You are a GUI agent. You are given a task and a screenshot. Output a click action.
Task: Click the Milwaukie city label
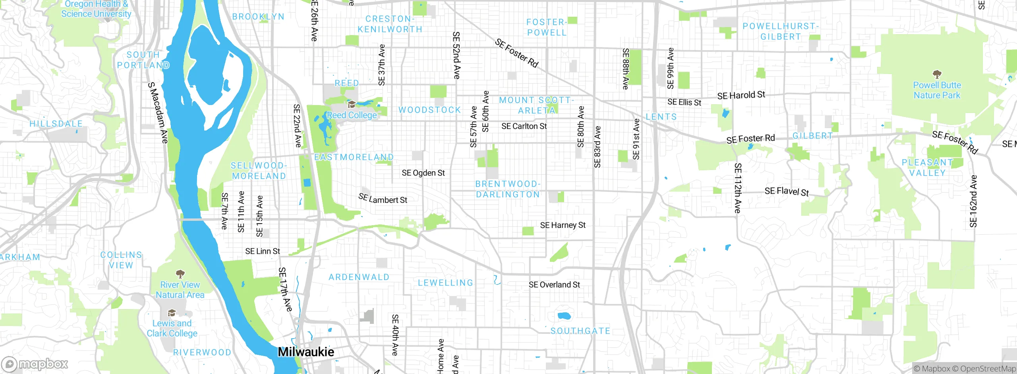tap(306, 352)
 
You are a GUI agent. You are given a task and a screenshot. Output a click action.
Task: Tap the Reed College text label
tap(352, 115)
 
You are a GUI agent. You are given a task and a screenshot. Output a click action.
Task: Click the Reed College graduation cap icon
tap(351, 105)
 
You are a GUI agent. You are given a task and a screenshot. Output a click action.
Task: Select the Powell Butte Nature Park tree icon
tap(937, 74)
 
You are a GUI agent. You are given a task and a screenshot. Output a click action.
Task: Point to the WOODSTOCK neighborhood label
tap(429, 110)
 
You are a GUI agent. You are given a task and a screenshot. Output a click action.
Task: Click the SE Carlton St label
tap(524, 127)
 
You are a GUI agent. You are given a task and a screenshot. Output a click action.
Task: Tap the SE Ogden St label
tap(423, 173)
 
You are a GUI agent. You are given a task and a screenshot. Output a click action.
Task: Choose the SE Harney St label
tap(563, 225)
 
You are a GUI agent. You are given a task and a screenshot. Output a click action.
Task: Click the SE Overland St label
tap(554, 285)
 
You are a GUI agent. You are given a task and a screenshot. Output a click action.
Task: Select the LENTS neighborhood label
tap(661, 117)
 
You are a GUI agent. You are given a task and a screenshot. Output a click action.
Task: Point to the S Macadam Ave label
tap(158, 113)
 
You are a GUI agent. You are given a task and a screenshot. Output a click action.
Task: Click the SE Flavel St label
tap(787, 191)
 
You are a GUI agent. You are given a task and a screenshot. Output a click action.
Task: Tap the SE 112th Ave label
tap(738, 188)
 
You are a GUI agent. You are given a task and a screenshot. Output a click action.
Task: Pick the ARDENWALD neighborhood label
tap(359, 277)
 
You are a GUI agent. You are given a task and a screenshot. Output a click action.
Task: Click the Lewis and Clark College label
tap(172, 329)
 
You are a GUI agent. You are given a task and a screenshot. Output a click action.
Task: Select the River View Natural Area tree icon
tap(180, 274)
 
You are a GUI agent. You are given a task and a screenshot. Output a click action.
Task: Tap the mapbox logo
tap(35, 364)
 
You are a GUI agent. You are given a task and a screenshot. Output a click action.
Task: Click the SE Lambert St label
tap(383, 199)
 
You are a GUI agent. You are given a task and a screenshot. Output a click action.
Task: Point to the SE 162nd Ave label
tap(973, 201)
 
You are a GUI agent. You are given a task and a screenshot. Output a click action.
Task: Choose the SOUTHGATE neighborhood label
tap(580, 331)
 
